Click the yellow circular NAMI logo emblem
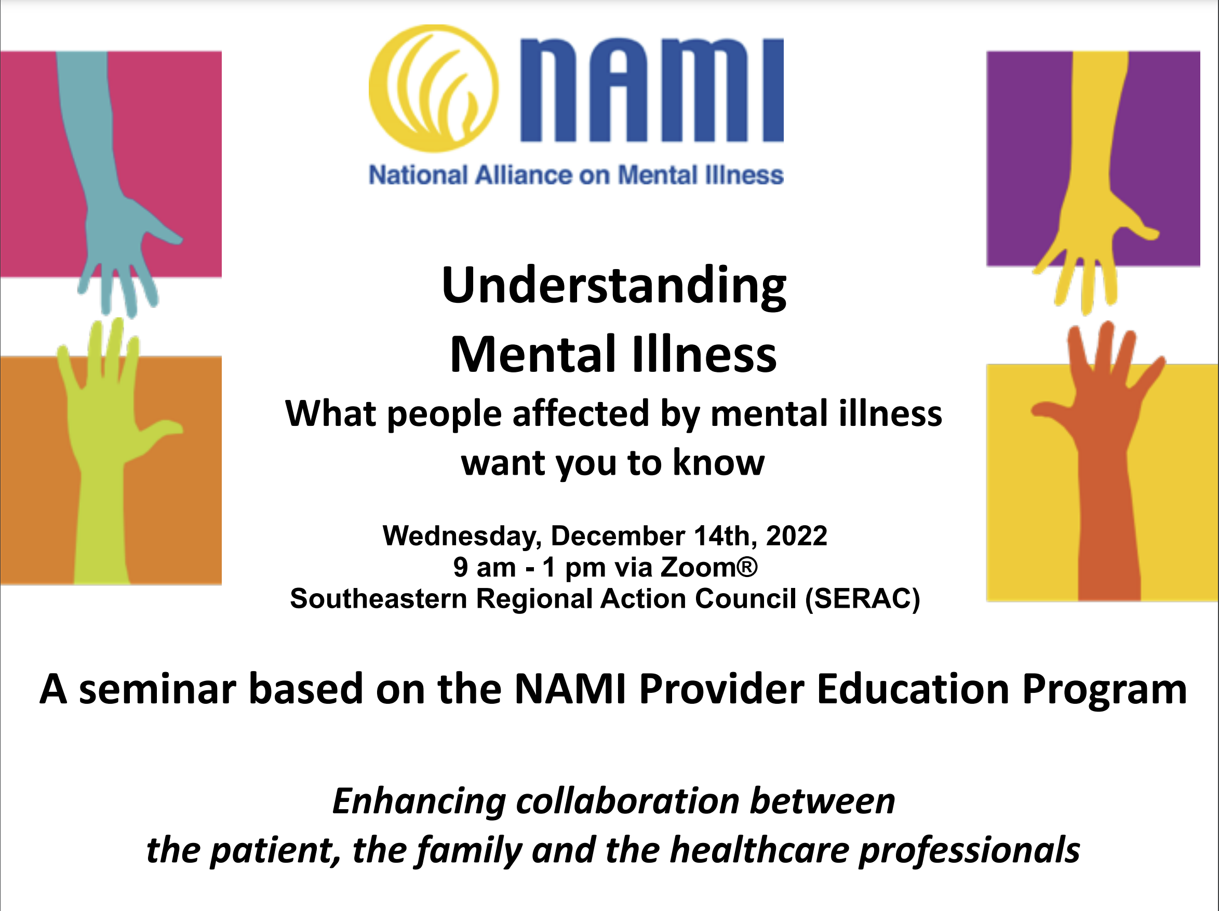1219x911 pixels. (434, 88)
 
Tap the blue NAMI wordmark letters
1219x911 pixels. (652, 90)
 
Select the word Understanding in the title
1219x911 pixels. (614, 287)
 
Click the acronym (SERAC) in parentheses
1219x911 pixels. (863, 598)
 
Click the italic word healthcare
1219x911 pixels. (760, 850)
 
